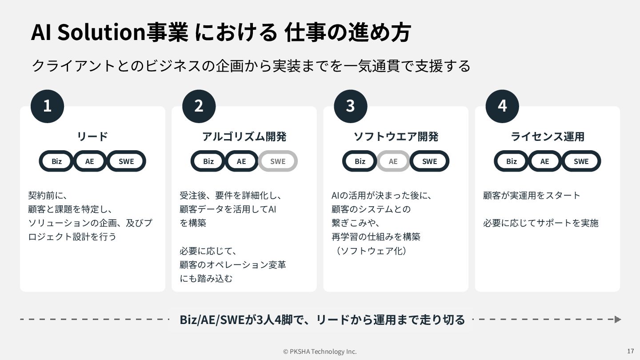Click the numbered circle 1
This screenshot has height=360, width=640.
coord(47,106)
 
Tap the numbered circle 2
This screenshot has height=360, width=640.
coord(199,106)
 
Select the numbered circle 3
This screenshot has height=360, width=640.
coord(350,106)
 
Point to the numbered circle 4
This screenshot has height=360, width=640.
coord(502,106)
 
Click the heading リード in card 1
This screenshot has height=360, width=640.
coord(92,136)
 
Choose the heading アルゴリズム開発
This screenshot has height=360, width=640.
coord(244,136)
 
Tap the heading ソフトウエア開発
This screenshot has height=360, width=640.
coord(396,136)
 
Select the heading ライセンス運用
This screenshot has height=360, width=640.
coord(547,136)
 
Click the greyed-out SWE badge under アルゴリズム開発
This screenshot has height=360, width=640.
coord(278,161)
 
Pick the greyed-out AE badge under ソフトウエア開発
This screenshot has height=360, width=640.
coord(393,161)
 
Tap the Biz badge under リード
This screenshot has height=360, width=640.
coord(56,161)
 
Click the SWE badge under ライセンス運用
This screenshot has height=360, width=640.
coord(581,161)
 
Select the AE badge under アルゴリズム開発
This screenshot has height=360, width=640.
coord(241,161)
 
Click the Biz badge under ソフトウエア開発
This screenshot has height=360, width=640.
coord(360,161)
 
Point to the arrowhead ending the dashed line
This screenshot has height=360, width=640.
coord(617,319)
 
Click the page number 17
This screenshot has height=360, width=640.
coord(630,351)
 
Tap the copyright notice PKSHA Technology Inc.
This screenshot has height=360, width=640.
coord(320,352)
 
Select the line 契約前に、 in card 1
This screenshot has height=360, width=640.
coord(47,196)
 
